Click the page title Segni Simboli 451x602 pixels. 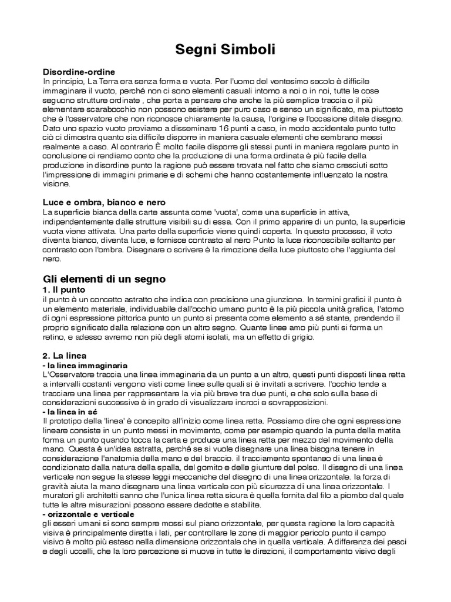point(225,51)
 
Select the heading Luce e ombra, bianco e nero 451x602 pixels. point(105,202)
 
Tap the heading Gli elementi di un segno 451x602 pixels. point(105,278)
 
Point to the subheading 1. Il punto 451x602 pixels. point(65,290)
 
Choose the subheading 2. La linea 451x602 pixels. point(65,356)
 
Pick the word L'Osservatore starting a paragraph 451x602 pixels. point(69,374)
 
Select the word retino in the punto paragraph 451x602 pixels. point(55,337)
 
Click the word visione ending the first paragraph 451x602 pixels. point(56,183)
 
